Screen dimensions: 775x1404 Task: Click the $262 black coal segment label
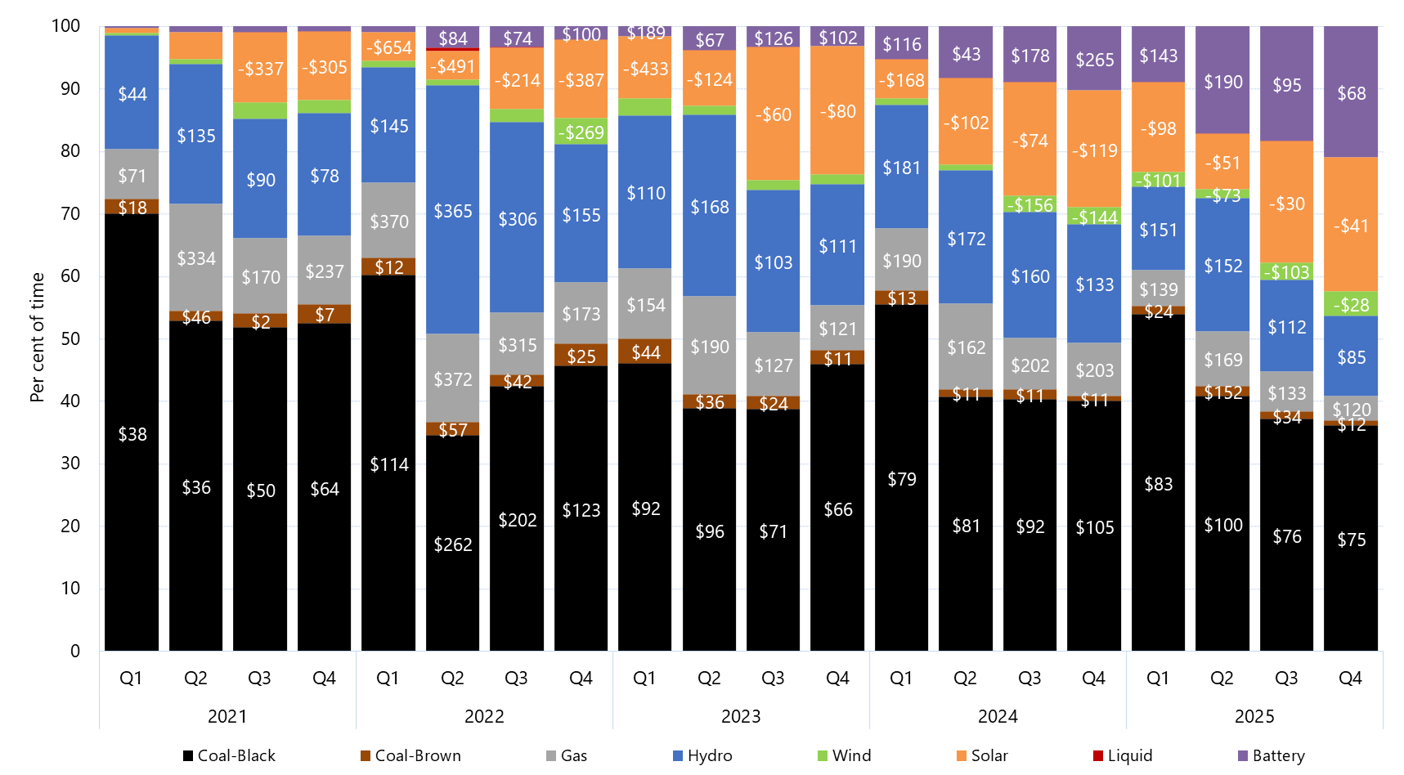[x=453, y=544]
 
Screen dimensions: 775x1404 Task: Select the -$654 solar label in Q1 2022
[x=389, y=47]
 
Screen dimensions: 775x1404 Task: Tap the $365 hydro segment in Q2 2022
[x=453, y=211]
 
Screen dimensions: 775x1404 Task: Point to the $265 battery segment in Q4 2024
[x=1094, y=60]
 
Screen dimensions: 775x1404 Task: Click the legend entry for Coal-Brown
[x=410, y=755]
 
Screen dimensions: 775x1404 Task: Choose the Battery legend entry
[x=1271, y=755]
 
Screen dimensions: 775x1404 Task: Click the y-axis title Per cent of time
[x=37, y=338]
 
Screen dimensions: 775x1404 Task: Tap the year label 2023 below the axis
[x=741, y=716]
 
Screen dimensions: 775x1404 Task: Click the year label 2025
[x=1254, y=716]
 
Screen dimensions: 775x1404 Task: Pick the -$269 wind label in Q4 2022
[x=581, y=132]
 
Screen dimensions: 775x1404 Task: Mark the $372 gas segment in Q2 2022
[x=453, y=379]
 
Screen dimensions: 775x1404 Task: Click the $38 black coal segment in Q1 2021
[x=132, y=434]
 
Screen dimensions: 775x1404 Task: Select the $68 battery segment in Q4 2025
[x=1351, y=93]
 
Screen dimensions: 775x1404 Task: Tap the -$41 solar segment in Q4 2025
[x=1351, y=226]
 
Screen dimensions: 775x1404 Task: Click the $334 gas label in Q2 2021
[x=196, y=258]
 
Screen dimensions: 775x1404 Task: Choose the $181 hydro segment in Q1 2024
[x=902, y=168]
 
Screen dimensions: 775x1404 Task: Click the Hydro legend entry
[x=701, y=755]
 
